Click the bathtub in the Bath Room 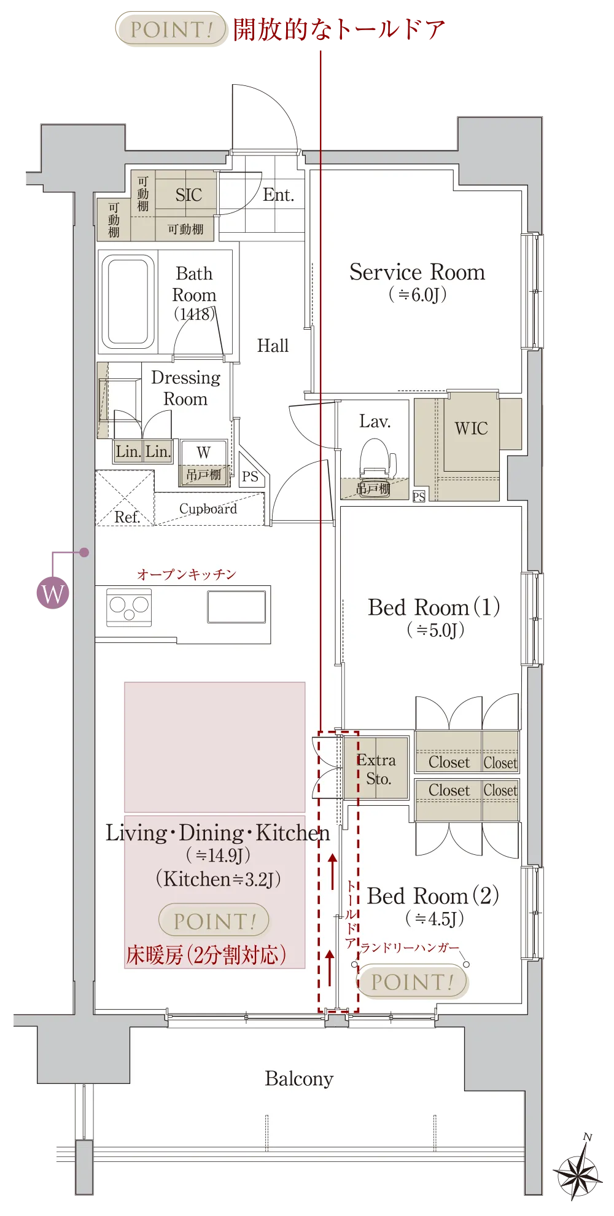(x=128, y=302)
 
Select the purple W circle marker (x=53, y=593)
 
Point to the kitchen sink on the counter (x=236, y=607)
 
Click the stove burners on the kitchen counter (x=129, y=607)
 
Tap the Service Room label (x=417, y=272)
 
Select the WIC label (x=472, y=428)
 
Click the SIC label (x=188, y=195)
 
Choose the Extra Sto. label (x=377, y=769)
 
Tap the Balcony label (x=299, y=1078)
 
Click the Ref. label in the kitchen (x=127, y=517)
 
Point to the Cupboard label (x=208, y=509)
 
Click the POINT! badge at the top (x=171, y=29)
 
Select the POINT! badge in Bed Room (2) (x=412, y=981)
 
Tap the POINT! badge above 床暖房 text (x=214, y=921)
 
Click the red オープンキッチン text (x=187, y=574)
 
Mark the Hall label (x=273, y=346)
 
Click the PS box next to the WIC (x=419, y=496)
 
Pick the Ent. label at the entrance (x=279, y=195)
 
